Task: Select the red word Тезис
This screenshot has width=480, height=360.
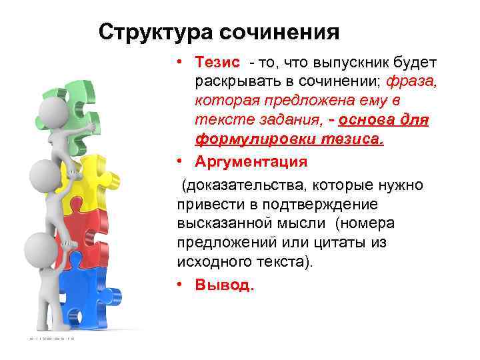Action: [217, 62]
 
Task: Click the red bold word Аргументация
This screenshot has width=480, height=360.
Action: [251, 162]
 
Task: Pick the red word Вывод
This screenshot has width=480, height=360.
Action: [225, 285]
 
